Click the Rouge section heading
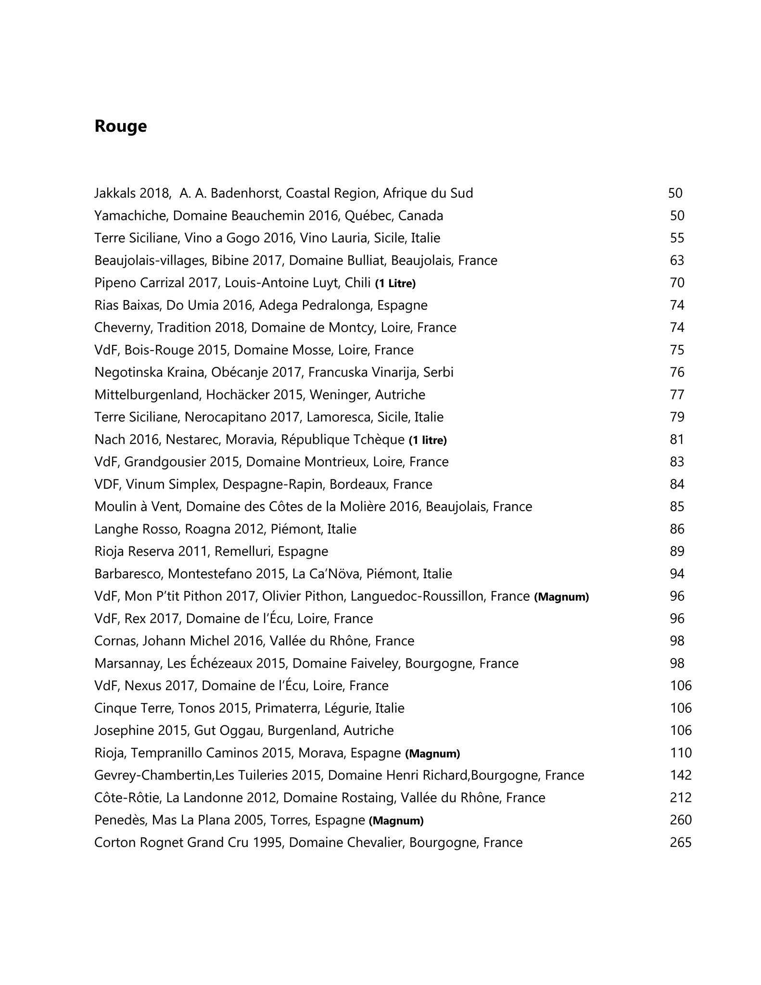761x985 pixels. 120,126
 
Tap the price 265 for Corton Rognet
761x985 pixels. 680,842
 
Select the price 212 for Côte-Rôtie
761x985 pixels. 680,797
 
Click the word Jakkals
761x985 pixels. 115,193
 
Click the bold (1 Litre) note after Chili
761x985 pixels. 395,283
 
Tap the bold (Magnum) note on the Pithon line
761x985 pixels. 561,597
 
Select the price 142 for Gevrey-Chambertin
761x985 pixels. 680,775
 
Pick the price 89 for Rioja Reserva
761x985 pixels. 677,551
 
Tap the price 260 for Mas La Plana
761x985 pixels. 680,820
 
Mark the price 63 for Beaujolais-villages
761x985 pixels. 677,260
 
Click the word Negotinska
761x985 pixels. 127,372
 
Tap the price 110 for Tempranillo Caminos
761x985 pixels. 680,753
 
